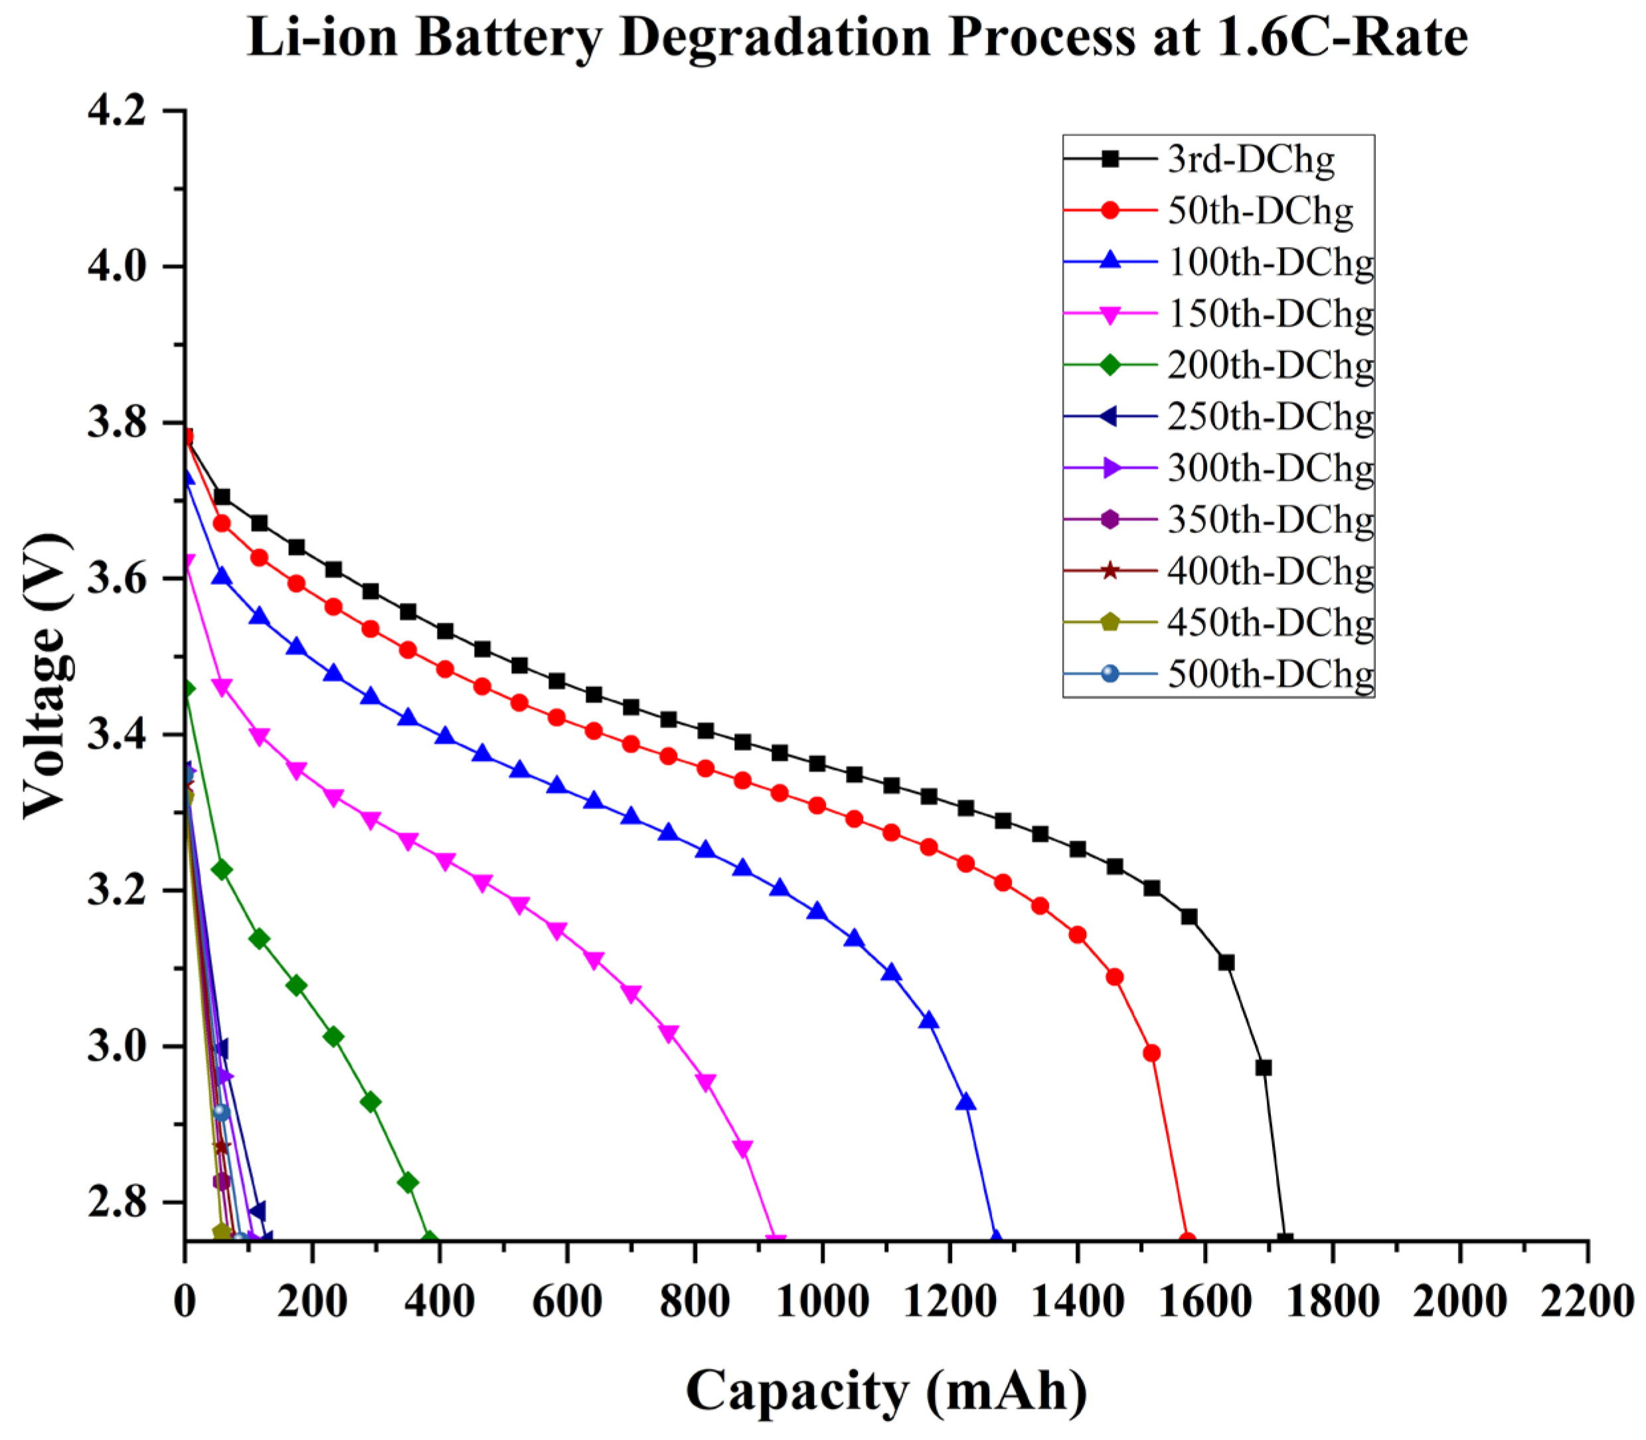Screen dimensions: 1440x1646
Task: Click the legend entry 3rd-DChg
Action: (x=1250, y=159)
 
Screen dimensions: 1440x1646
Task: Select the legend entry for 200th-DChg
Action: (x=1270, y=365)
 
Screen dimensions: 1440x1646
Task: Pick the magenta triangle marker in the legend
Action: (x=1110, y=314)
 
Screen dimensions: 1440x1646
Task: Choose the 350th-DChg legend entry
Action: (x=1270, y=519)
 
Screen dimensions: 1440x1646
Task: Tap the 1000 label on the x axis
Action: (x=821, y=1300)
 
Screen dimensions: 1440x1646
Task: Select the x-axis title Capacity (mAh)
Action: (x=886, y=1390)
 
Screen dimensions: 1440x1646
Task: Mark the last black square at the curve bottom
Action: (x=1284, y=1240)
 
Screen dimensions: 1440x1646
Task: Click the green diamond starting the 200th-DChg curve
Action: (x=187, y=688)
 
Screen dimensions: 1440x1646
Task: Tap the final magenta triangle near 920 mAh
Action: (x=776, y=1241)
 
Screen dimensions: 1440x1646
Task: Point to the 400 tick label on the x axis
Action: (x=439, y=1300)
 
